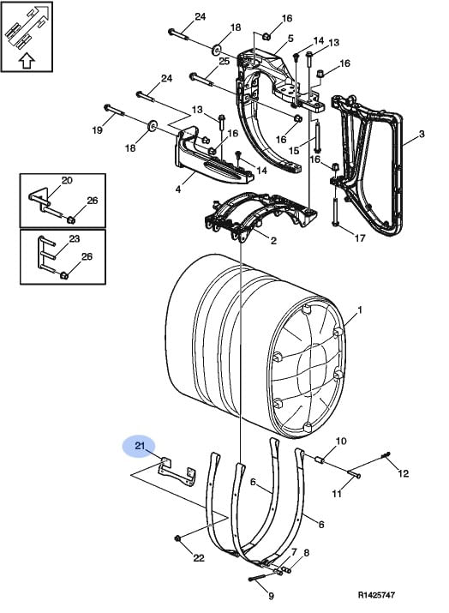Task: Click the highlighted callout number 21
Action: pos(140,446)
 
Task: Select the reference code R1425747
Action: pos(376,595)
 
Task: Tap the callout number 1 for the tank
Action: pos(360,310)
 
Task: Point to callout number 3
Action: pos(422,134)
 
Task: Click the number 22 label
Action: pos(199,558)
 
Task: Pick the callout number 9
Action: pos(271,596)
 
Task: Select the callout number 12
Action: pos(403,473)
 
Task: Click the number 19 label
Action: pos(97,129)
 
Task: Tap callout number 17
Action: pos(360,237)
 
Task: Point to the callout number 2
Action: pos(273,240)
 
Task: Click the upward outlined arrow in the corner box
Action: pos(27,61)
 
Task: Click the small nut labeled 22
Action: pos(177,538)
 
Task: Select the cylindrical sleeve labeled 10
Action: pos(319,460)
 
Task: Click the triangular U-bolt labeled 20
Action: pos(40,196)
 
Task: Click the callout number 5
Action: pos(290,39)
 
